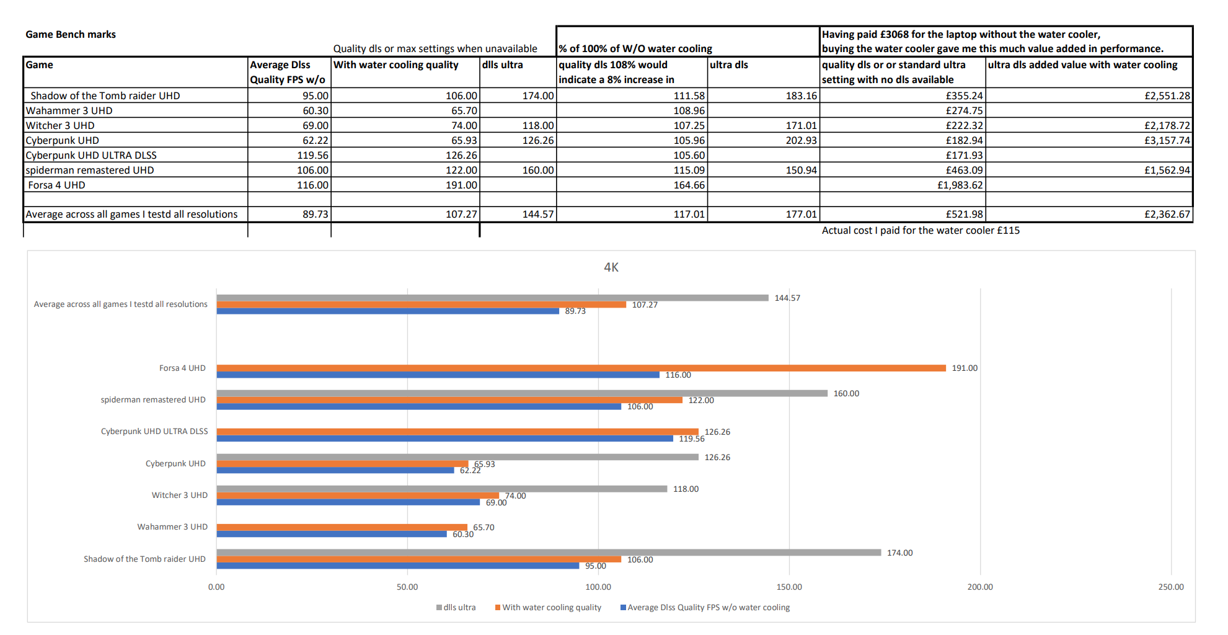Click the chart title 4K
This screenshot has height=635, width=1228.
[611, 267]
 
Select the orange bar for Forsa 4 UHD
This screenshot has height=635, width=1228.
[581, 368]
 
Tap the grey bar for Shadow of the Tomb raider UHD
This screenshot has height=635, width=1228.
[549, 553]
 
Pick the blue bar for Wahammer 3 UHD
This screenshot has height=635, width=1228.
[332, 534]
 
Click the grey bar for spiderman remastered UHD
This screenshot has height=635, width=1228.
[522, 393]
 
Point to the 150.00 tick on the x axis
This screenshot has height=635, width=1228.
[789, 587]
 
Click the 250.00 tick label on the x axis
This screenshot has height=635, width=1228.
[1171, 587]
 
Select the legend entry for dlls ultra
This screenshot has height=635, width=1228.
[456, 608]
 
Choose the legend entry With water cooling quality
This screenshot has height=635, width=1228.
[549, 608]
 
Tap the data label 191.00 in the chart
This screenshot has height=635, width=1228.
[965, 368]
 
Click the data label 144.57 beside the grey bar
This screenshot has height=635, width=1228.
[787, 298]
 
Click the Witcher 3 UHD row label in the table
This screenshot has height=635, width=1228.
[60, 125]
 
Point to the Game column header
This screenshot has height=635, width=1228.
[39, 64]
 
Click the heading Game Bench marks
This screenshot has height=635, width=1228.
[71, 35]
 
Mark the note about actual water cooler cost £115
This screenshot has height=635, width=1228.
[921, 231]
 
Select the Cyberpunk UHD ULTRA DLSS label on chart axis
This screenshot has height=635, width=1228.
[154, 432]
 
